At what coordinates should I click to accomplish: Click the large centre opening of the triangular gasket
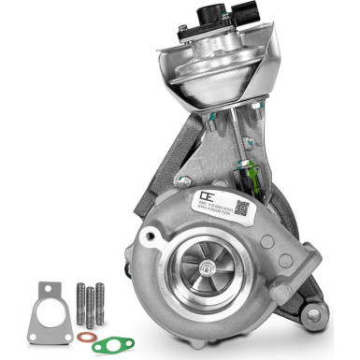[x=49, y=310]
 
